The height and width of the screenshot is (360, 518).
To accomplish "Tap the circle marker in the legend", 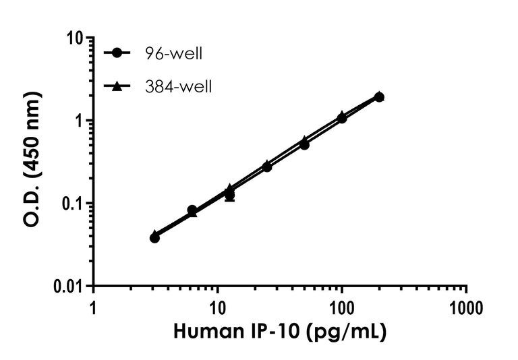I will tap(119, 53).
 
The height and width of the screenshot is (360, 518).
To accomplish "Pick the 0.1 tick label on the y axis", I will tap(72, 204).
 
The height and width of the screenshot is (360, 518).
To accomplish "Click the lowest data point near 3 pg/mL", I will tap(154, 237).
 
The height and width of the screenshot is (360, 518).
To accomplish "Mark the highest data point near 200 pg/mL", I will tap(379, 97).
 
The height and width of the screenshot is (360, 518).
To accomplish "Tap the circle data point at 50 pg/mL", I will tap(305, 145).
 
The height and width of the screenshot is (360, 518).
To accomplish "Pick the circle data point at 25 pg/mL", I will tap(267, 167).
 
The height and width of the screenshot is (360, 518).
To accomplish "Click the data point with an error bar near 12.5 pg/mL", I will tap(230, 196).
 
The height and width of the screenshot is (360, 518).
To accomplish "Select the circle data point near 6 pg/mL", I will tap(192, 210).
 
